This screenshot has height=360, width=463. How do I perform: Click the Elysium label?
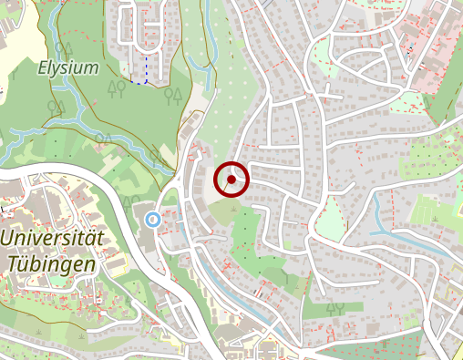tap(67, 67)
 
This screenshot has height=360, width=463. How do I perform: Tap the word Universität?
tap(53, 239)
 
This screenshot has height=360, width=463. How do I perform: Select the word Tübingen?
tap(51, 263)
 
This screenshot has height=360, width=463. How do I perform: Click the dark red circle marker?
tap(231, 180)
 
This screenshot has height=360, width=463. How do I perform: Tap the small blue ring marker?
tap(152, 219)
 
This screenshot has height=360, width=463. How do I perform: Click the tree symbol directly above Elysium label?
tap(62, 47)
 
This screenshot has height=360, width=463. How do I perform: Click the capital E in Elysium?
tap(43, 67)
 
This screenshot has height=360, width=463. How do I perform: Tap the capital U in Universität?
tap(9, 239)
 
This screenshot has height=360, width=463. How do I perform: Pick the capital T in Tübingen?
tap(14, 263)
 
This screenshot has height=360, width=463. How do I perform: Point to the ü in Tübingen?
tap(27, 263)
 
